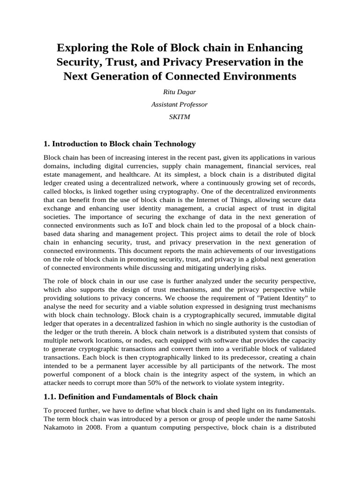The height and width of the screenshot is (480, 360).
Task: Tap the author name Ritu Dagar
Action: pyautogui.click(x=180, y=93)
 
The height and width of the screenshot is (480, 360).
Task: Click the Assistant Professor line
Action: pyautogui.click(x=180, y=105)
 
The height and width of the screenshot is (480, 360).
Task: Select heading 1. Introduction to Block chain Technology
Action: pyautogui.click(x=120, y=143)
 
